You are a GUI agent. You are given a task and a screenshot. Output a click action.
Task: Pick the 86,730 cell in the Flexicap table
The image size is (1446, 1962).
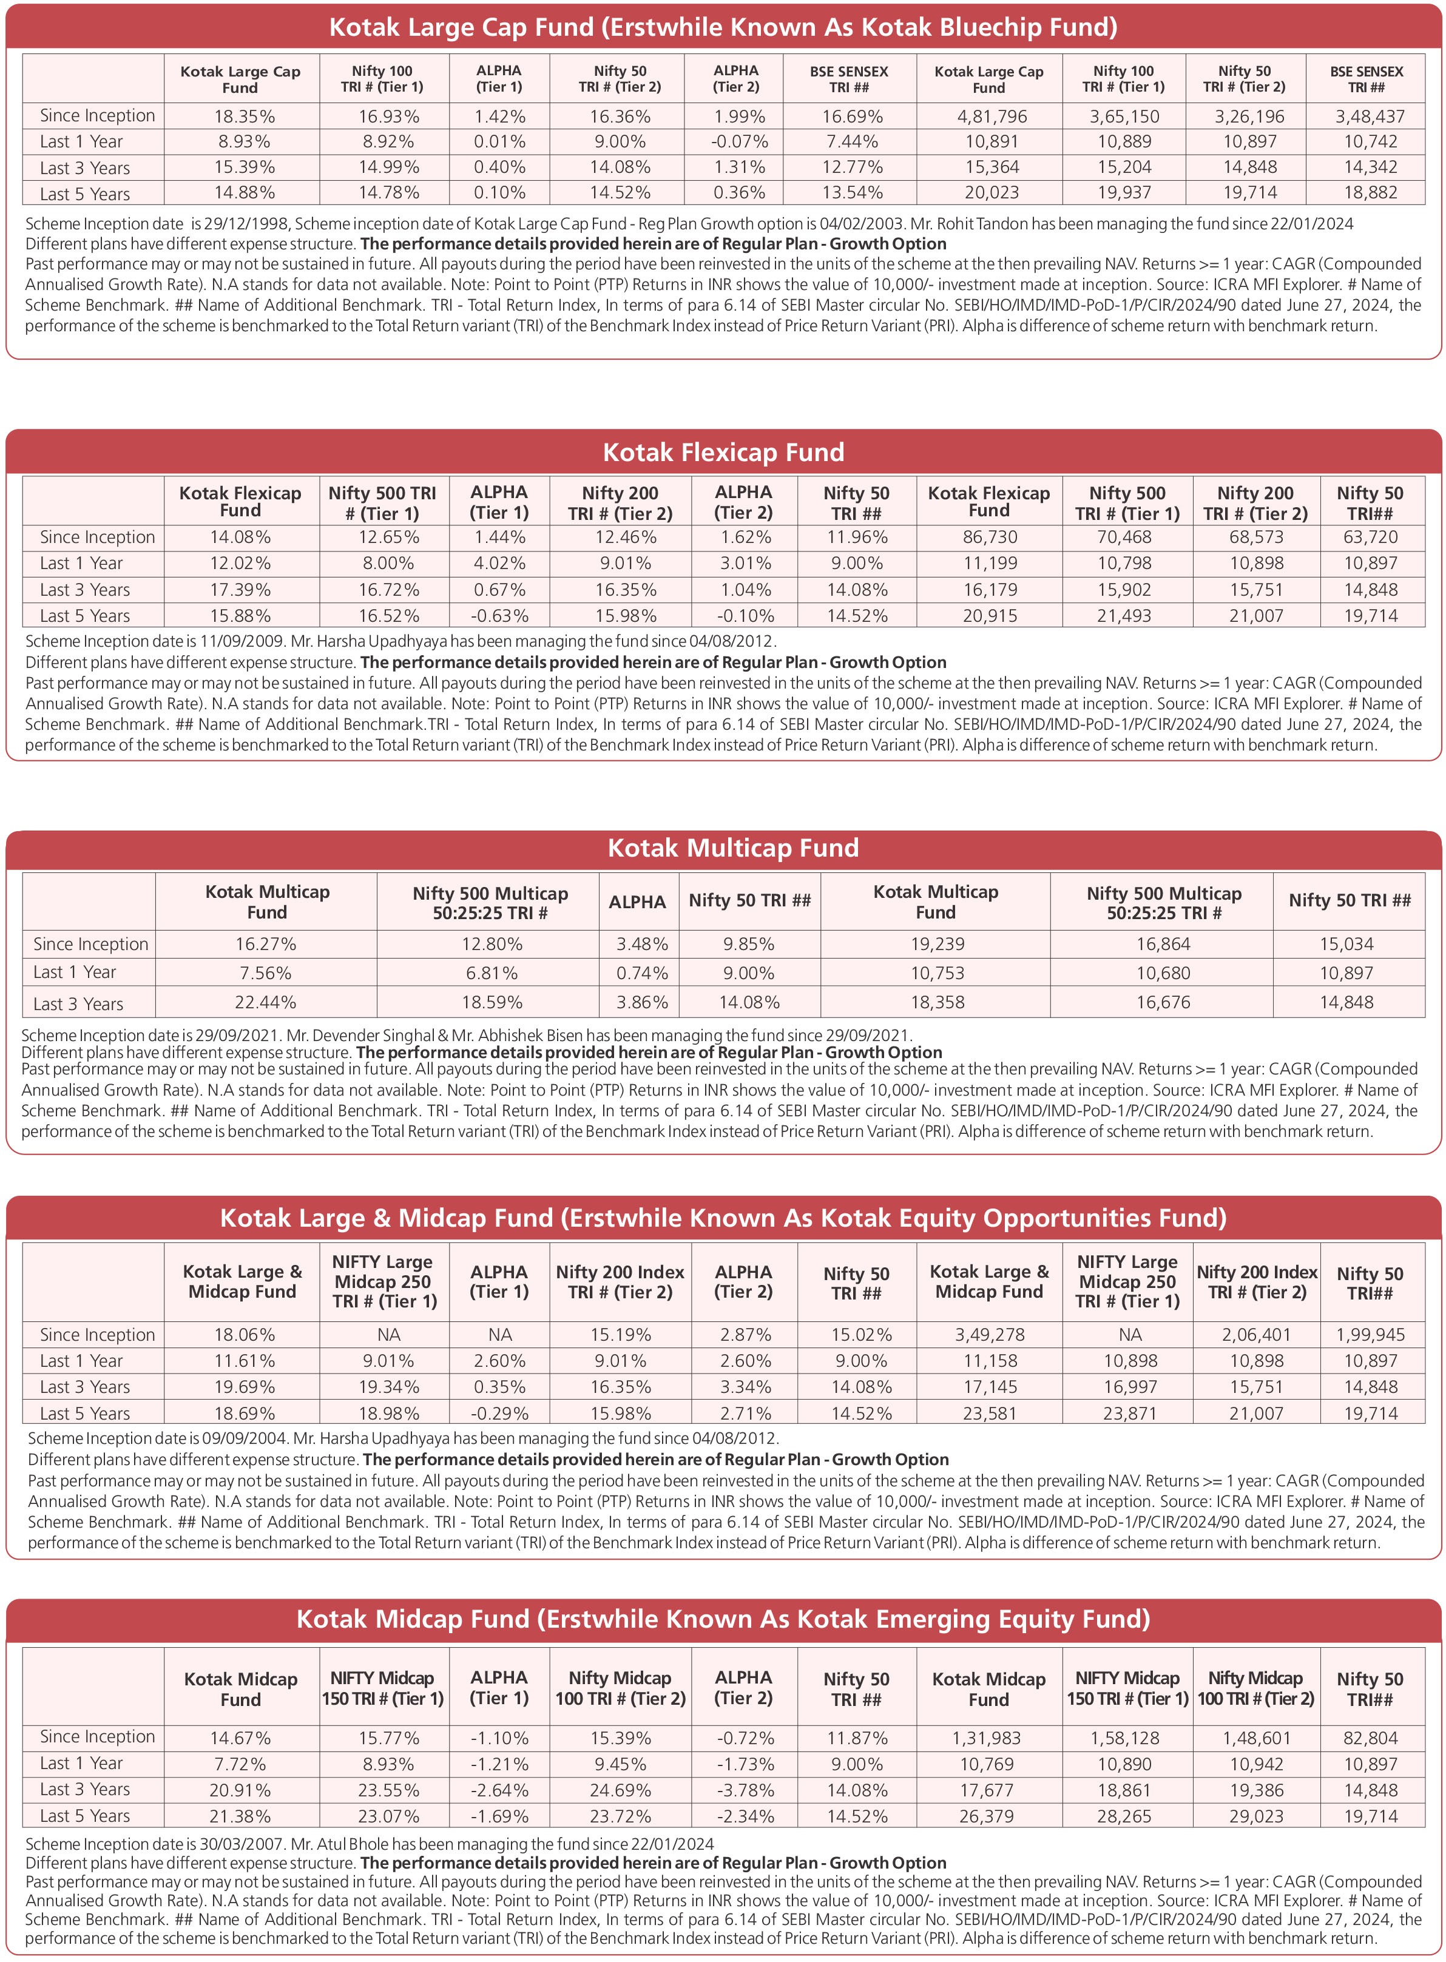pyautogui.click(x=990, y=538)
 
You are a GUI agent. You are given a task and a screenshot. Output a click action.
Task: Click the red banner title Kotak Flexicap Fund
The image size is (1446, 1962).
pyautogui.click(x=723, y=453)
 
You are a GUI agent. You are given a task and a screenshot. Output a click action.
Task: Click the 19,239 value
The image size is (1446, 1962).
pyautogui.click(x=936, y=944)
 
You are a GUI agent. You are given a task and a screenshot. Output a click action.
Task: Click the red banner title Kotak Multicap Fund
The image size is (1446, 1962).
pyautogui.click(x=732, y=848)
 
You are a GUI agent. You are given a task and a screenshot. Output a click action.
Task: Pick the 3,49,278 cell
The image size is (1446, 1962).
pyautogui.click(x=989, y=1335)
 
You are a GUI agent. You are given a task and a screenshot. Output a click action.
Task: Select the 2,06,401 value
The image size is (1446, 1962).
pyautogui.click(x=1256, y=1335)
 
